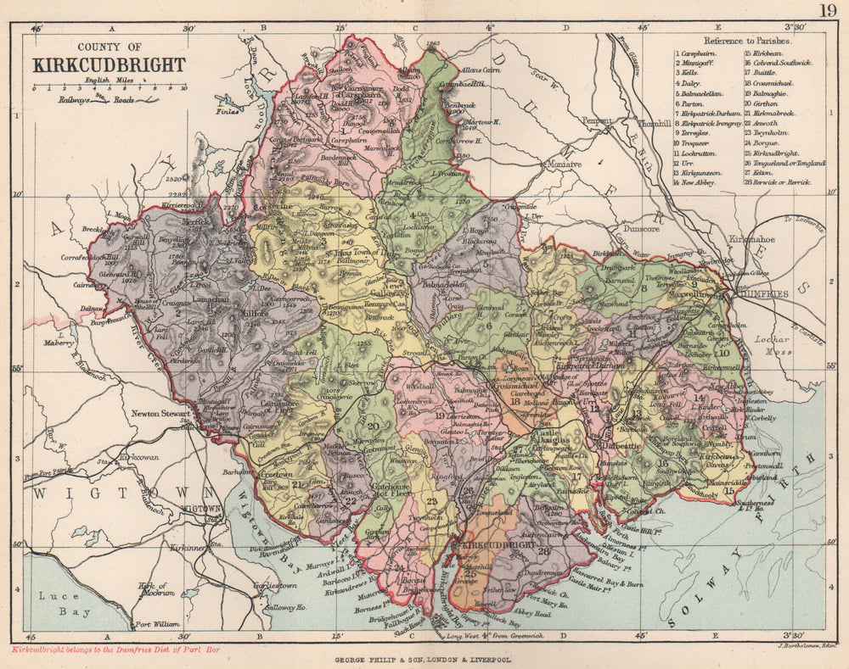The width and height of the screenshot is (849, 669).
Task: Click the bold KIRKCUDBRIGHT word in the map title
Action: (108, 65)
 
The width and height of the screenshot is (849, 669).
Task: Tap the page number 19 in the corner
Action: (828, 10)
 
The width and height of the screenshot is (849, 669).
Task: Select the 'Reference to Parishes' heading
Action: (748, 40)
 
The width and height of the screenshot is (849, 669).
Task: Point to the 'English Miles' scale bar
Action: (108, 86)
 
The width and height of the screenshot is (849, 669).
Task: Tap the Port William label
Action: (157, 624)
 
